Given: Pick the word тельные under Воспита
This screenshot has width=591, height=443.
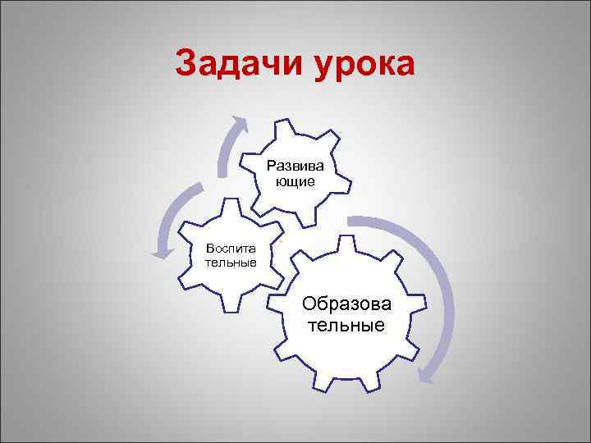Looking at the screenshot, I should (x=231, y=262).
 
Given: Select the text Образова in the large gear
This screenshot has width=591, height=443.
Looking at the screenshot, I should (x=347, y=304).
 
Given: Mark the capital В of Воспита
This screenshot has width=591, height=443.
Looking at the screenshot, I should (x=210, y=249).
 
